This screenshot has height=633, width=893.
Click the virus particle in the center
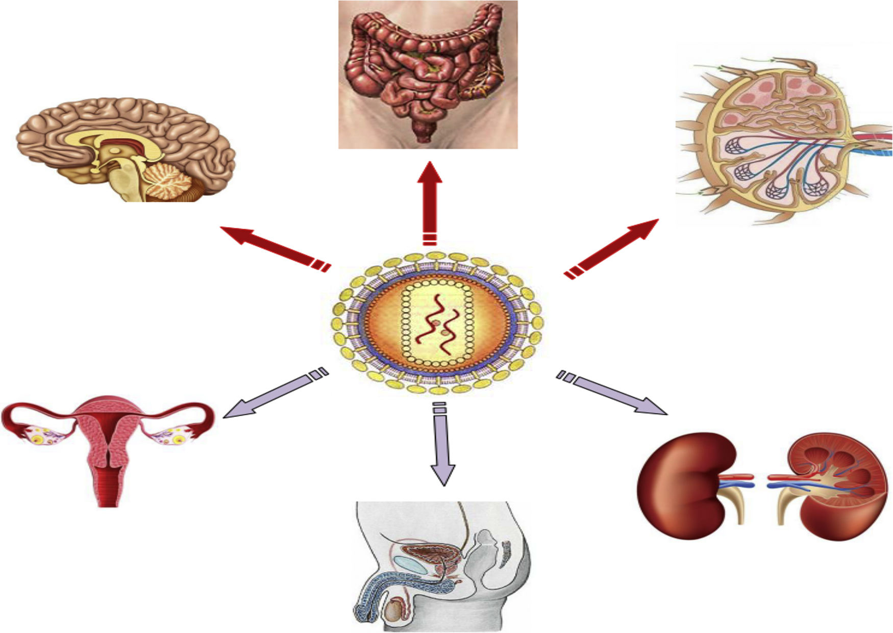click(437, 323)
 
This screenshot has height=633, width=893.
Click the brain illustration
click(122, 148)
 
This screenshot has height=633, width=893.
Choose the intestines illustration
click(428, 74)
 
